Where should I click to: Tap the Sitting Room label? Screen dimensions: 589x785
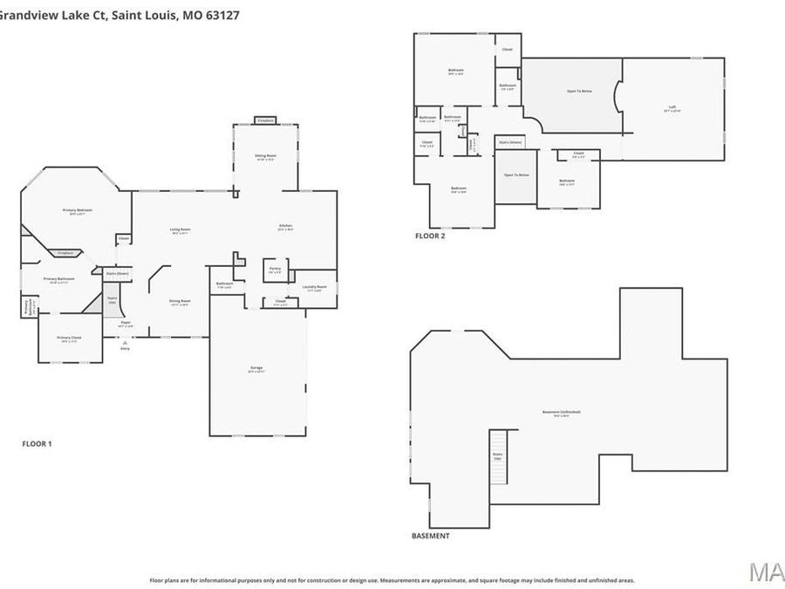(x=265, y=157)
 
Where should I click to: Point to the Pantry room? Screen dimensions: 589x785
(x=275, y=271)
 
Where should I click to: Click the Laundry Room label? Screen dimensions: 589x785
(x=315, y=288)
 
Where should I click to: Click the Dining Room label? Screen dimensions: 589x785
(x=180, y=302)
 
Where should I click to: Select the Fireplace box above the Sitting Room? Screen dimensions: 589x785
(x=266, y=120)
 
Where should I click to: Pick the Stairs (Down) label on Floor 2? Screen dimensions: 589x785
(x=510, y=141)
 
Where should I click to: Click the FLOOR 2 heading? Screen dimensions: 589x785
(x=430, y=236)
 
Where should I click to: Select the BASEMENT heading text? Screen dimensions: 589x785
(x=430, y=536)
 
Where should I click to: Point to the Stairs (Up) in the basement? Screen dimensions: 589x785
(x=498, y=456)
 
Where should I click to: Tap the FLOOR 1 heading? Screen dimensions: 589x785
(x=37, y=444)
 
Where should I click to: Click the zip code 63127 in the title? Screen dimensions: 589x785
(x=222, y=15)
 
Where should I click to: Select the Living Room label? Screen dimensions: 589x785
(x=180, y=231)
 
